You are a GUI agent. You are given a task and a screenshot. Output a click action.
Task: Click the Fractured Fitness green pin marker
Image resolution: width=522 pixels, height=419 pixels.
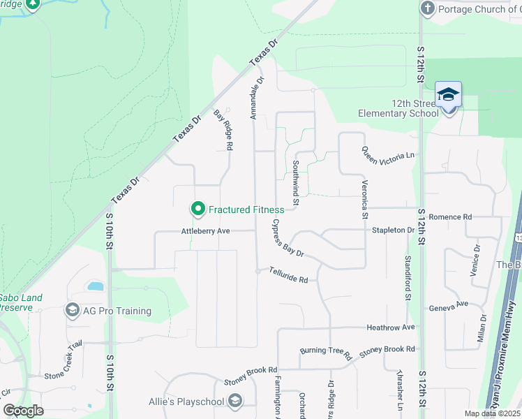click(x=197, y=209)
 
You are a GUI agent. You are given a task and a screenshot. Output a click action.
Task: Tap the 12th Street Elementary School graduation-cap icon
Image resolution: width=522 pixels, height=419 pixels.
click(x=447, y=94)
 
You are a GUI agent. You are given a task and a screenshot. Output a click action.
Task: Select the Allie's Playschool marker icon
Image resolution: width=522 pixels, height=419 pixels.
click(x=235, y=400)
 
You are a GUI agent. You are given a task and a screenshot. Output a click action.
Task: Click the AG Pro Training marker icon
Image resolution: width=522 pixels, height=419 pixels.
click(x=72, y=310)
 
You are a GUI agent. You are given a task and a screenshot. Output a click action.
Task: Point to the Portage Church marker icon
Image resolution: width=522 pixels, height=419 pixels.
click(x=427, y=8)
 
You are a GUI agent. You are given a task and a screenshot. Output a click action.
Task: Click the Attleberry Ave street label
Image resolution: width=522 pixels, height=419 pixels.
click(x=205, y=230)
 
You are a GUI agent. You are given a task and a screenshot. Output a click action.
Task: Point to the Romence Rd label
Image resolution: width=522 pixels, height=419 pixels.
click(x=450, y=217)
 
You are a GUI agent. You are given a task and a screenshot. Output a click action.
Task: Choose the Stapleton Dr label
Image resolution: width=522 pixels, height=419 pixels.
click(x=398, y=229)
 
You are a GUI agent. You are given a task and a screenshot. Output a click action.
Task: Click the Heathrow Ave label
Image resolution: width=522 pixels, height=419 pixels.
click(x=391, y=327)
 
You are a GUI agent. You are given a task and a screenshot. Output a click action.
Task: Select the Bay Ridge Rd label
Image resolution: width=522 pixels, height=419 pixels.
click(x=223, y=130)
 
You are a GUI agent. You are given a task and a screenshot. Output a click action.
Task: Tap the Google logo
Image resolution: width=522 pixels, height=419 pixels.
click(x=23, y=410)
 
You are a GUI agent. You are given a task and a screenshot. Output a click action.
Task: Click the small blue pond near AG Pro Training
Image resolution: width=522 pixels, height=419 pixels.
click(x=94, y=286)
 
